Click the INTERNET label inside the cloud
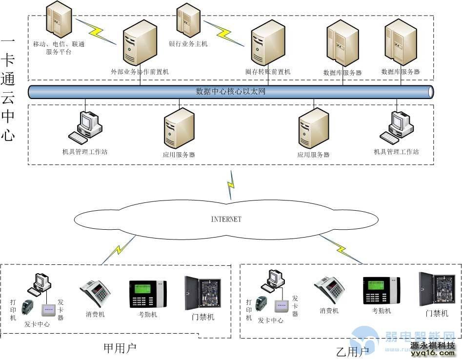(226, 220)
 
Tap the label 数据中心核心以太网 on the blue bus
(230, 91)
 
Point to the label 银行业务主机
(188, 44)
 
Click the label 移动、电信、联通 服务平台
(59, 48)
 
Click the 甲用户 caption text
(120, 348)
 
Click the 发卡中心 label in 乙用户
(271, 320)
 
